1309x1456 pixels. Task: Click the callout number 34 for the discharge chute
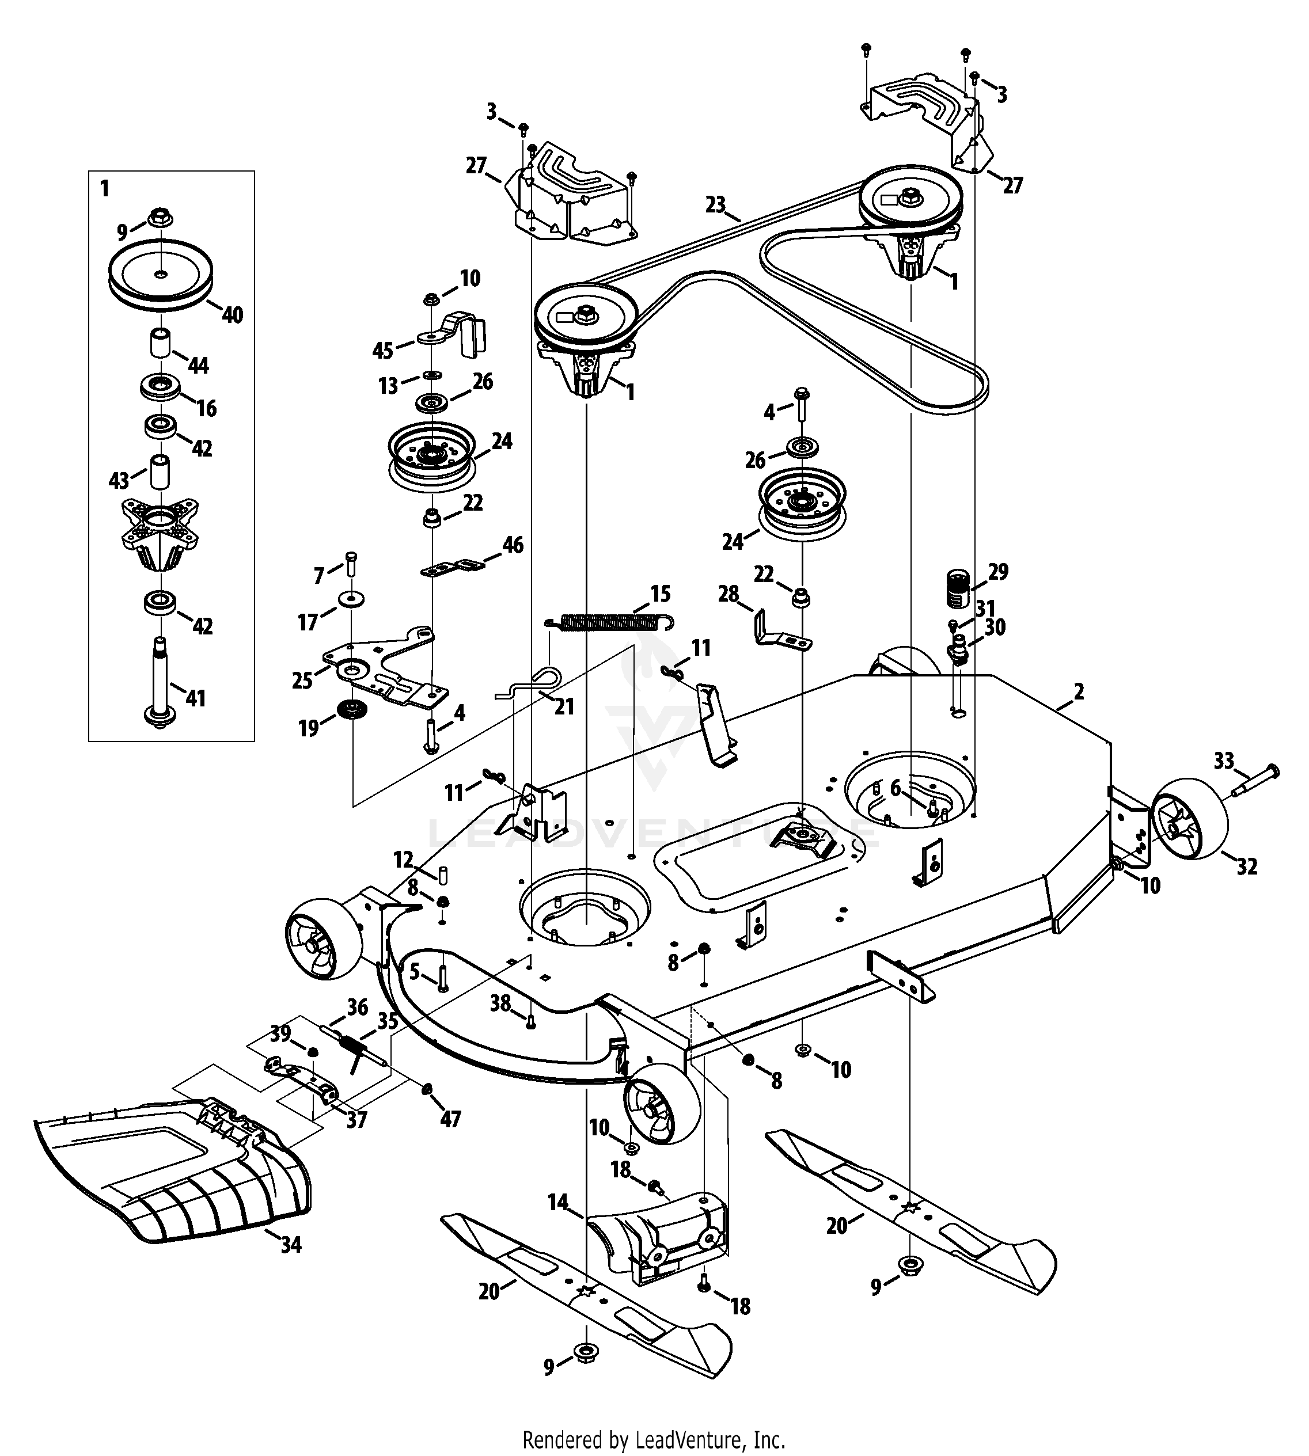[x=291, y=1245]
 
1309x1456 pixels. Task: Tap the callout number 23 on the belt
[x=716, y=204]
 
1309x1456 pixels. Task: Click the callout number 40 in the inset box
[x=232, y=314]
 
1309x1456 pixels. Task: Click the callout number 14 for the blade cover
[x=557, y=1202]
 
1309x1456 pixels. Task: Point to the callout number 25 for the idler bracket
[x=302, y=679]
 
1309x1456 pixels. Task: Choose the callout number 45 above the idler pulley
[x=382, y=350]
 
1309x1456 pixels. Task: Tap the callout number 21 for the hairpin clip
[x=564, y=707]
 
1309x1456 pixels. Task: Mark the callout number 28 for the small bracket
[x=729, y=594]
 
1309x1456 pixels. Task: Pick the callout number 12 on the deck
[x=404, y=859]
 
